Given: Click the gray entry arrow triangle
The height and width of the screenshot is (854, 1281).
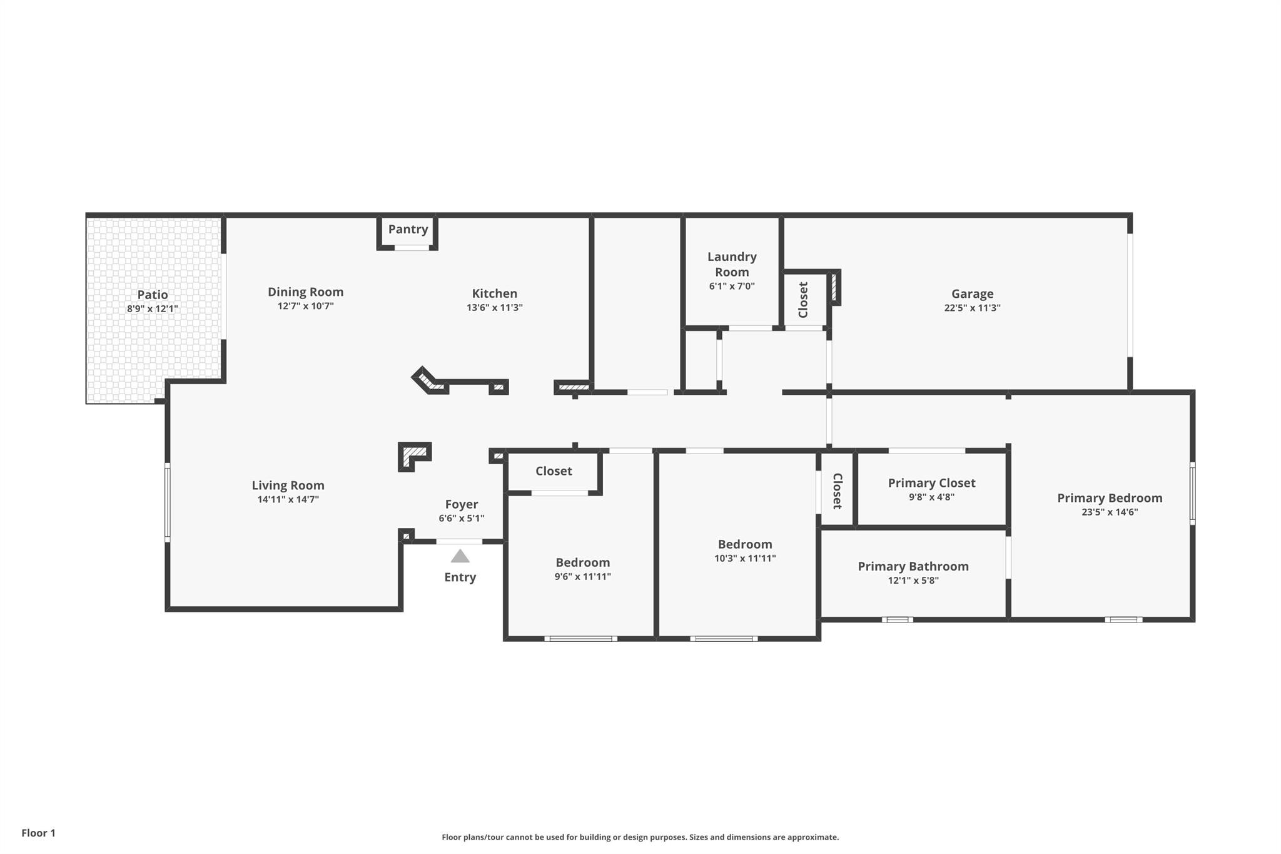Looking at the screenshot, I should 460,556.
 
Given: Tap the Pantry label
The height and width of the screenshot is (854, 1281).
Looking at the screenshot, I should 408,229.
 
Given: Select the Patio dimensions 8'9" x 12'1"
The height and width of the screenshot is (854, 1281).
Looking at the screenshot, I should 153,308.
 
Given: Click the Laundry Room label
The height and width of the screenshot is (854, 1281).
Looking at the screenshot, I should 732,264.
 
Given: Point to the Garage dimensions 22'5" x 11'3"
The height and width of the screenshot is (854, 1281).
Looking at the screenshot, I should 972,308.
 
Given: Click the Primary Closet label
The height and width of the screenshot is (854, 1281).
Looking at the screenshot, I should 931,483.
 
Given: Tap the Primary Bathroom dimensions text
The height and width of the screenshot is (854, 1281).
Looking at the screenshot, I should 913,580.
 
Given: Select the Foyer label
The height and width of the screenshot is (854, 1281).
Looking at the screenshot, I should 461,504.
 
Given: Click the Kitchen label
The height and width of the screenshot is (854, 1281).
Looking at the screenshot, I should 494,293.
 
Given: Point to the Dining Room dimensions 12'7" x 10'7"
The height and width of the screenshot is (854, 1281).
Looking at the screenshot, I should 305,306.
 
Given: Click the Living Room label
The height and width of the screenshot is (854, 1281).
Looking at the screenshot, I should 288,485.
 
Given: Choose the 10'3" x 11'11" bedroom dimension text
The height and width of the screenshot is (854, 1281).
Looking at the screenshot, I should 745,558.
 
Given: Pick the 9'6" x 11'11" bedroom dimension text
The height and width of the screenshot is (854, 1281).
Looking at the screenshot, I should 582,576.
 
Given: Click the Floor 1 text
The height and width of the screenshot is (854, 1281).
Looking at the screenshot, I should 38,833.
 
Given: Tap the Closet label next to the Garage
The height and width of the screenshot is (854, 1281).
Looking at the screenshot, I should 804,300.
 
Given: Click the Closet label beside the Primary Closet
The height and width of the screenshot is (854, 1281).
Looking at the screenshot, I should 837,491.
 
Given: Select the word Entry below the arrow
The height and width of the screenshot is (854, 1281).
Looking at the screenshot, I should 460,577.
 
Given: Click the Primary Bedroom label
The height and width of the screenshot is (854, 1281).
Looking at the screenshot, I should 1110,498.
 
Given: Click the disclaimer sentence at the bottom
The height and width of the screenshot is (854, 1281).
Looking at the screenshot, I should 640,837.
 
